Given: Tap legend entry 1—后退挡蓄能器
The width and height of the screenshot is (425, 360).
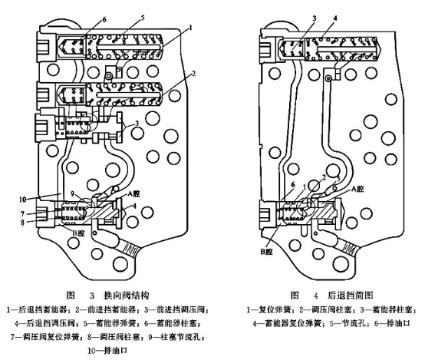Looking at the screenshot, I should [32, 309].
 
